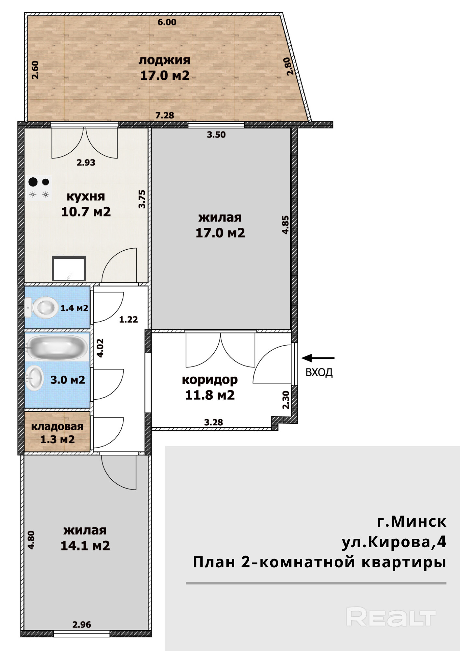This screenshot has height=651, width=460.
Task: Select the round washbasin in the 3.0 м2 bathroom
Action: coord(34,378)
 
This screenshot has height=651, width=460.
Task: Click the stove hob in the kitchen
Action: coord(39,188)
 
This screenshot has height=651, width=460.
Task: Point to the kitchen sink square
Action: coord(69,269)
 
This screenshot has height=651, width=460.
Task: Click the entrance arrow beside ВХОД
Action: coord(318,358)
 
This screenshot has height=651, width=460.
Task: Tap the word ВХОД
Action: coord(319,372)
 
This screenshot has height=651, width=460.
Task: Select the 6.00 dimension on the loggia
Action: coord(167,22)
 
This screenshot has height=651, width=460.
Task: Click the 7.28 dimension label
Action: coord(165,115)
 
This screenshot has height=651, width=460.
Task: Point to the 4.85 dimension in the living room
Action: coord(285,225)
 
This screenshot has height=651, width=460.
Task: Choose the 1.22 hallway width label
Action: coord(129,320)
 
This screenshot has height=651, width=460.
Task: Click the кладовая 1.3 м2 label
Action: coord(57,433)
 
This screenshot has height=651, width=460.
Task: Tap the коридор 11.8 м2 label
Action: coord(210,387)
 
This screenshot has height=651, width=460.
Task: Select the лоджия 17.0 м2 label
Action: coord(165,68)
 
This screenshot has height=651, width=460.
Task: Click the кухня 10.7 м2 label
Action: coord(86,204)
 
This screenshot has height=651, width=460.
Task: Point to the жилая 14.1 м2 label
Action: coord(85,538)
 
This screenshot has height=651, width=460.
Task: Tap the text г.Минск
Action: coord(412,521)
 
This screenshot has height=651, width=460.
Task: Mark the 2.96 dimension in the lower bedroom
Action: coord(82,625)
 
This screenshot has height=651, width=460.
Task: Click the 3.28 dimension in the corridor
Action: coord(213,422)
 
